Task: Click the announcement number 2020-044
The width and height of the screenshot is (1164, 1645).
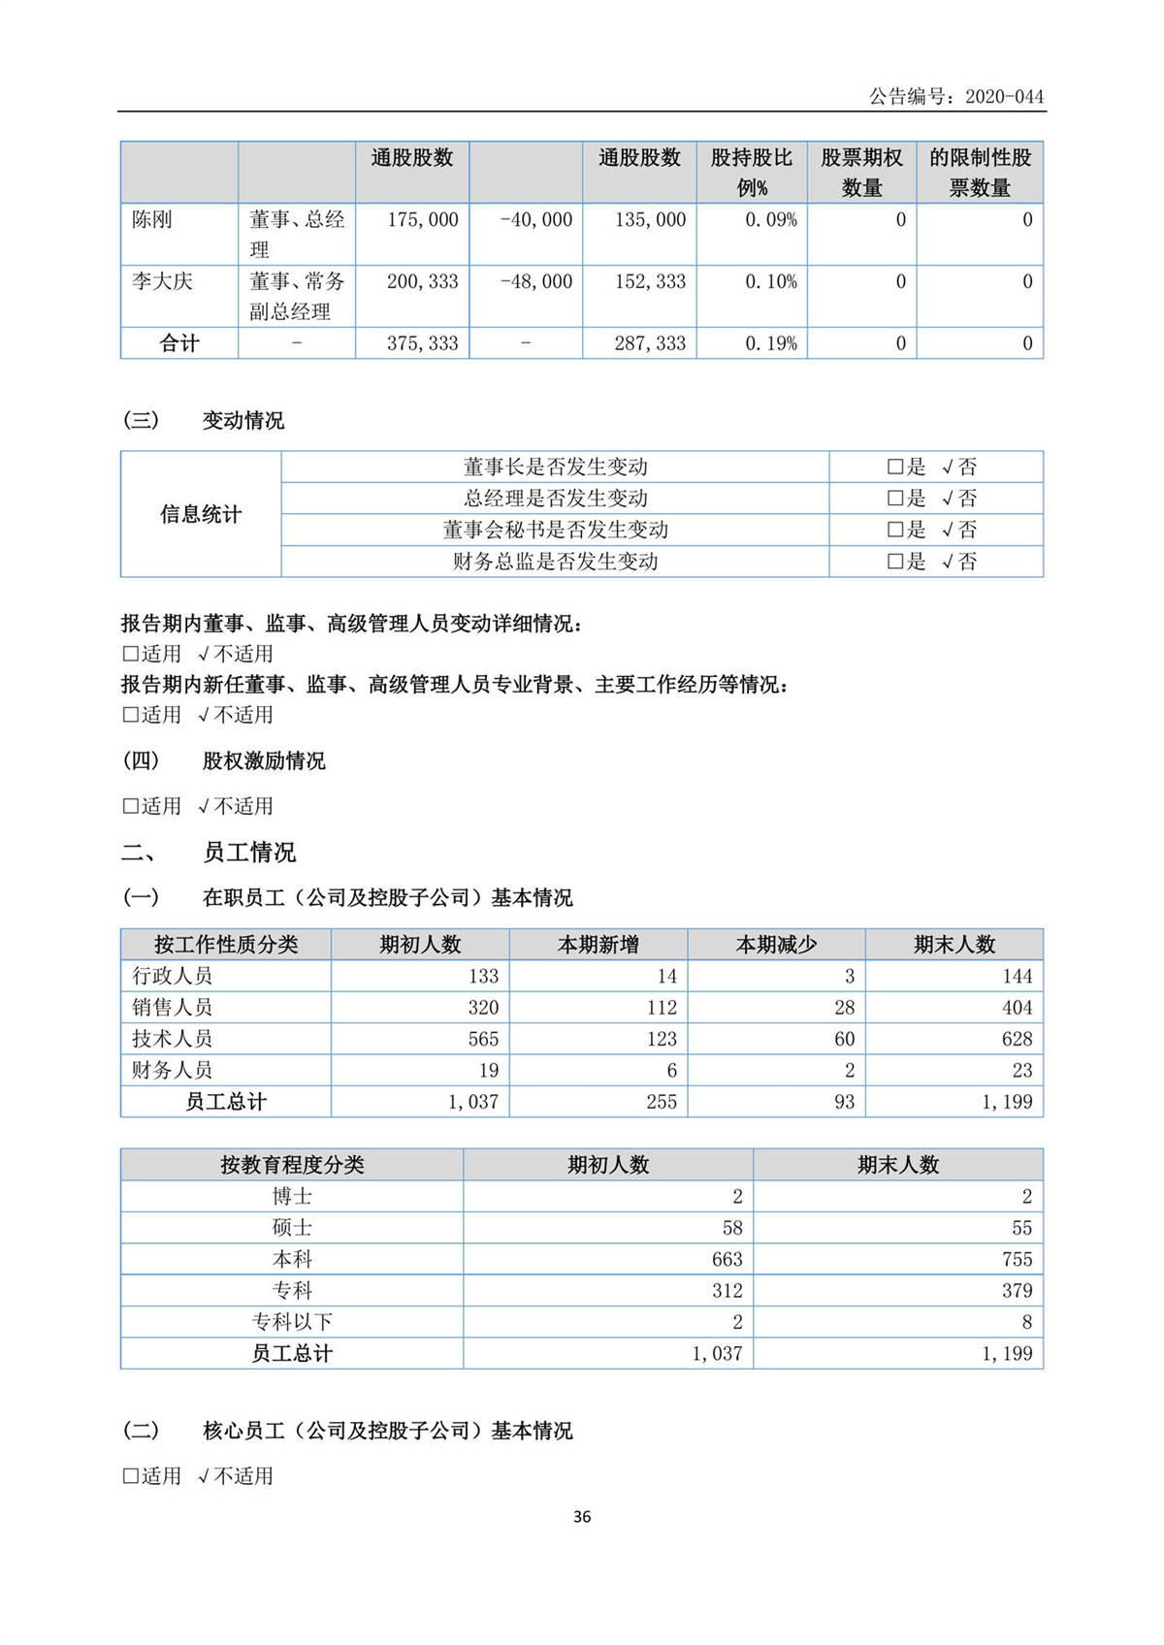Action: [1004, 96]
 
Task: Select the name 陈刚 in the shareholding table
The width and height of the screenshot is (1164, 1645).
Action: [152, 220]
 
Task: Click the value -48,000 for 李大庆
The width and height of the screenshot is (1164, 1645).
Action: [536, 282]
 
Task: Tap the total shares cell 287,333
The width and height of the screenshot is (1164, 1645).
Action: [650, 343]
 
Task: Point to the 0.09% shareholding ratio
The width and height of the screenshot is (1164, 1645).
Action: [771, 220]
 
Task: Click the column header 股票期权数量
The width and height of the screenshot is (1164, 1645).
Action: [861, 173]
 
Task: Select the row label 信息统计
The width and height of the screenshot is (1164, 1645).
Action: [201, 514]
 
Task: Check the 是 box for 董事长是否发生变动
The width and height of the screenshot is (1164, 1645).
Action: [895, 468]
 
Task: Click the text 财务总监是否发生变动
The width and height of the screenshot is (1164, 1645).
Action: [555, 562]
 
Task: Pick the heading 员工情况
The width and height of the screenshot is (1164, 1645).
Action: [249, 853]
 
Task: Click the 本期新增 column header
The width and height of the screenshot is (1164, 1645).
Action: [598, 945]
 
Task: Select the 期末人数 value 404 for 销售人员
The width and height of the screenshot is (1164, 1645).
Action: [1017, 1008]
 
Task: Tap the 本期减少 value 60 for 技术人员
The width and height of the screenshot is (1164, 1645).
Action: [844, 1039]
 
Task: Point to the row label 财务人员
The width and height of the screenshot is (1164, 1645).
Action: [173, 1070]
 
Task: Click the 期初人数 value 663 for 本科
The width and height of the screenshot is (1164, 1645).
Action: [727, 1259]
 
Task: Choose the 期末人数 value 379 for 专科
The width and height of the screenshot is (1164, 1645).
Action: [1017, 1291]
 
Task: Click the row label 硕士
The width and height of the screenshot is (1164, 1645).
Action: [292, 1228]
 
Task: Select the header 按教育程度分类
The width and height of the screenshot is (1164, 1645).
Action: [292, 1165]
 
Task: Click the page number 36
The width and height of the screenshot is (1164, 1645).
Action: [582, 1517]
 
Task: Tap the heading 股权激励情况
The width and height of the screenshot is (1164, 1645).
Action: [264, 760]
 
